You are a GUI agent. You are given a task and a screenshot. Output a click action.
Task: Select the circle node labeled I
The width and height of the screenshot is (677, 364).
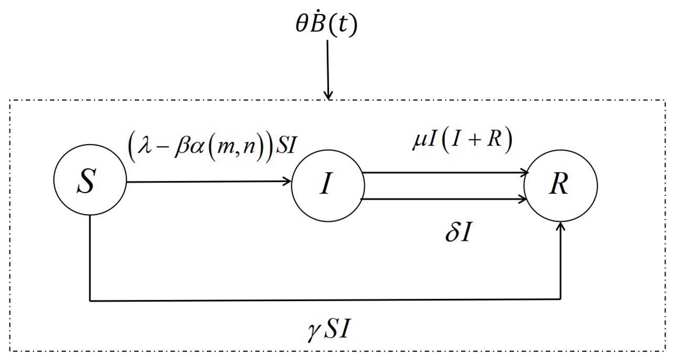click(x=327, y=186)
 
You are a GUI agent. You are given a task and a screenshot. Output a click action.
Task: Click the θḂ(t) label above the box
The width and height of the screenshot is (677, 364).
click(x=326, y=24)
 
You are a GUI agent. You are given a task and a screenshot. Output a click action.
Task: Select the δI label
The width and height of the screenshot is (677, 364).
click(x=457, y=232)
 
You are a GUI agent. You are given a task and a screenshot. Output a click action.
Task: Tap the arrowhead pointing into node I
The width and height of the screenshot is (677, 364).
click(x=287, y=181)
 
